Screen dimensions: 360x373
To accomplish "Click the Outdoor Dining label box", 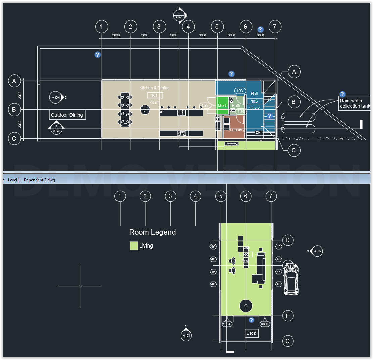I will click(67, 115).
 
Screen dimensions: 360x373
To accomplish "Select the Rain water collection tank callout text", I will click(355, 103).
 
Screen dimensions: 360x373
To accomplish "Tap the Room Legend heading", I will click(152, 232).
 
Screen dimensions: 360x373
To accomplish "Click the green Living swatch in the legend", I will click(134, 246).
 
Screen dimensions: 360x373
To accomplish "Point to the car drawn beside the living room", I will click(291, 278).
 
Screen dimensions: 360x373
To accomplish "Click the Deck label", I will click(251, 333).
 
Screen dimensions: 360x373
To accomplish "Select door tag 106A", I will click(227, 324).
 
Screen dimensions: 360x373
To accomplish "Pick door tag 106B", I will click(265, 324).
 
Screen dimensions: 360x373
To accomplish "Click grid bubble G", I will click(288, 341).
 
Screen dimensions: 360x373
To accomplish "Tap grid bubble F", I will click(288, 316).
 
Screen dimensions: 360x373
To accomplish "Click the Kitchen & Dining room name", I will click(154, 88).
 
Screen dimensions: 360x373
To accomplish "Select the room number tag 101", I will click(154, 95).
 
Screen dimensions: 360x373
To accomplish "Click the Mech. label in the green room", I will click(223, 106).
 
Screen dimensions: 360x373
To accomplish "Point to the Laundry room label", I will click(237, 130).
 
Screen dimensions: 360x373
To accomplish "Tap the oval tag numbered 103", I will click(240, 91).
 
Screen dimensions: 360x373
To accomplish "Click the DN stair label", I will click(258, 133).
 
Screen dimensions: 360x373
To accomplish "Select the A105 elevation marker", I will click(317, 251).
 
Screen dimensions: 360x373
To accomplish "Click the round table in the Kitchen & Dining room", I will click(145, 109).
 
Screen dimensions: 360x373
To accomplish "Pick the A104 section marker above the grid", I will click(179, 15).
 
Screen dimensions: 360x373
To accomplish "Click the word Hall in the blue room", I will click(254, 94).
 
